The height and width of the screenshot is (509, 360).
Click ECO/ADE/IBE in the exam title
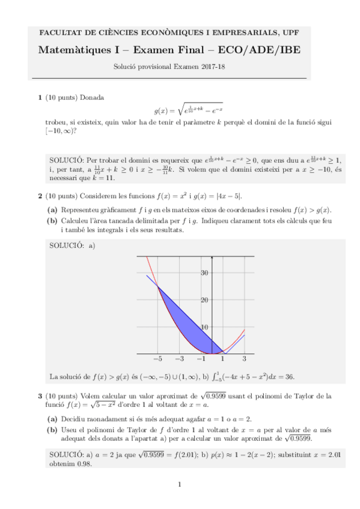267,50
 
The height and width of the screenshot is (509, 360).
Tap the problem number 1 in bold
40,97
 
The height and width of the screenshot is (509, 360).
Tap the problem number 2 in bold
40,196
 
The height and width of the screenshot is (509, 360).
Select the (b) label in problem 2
53,221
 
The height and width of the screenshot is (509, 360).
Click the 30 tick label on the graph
204,273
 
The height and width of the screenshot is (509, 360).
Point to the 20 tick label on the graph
204,300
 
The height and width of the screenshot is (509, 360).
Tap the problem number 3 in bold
40,396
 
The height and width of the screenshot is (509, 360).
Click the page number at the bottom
180,484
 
